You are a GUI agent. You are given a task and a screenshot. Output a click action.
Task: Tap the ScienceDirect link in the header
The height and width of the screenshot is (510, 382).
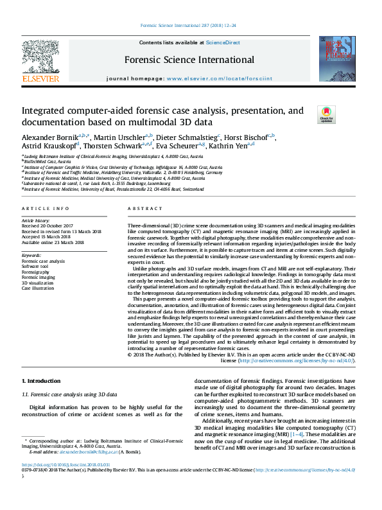(x=223, y=42)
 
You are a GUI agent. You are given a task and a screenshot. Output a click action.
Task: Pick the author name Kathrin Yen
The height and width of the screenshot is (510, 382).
(x=235, y=146)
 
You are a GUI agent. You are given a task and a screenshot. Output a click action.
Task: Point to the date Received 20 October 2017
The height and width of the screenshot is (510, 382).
(x=49, y=226)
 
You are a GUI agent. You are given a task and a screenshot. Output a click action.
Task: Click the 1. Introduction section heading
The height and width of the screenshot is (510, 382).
(x=42, y=382)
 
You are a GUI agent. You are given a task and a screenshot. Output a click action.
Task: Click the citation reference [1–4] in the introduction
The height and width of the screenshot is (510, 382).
(x=278, y=435)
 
